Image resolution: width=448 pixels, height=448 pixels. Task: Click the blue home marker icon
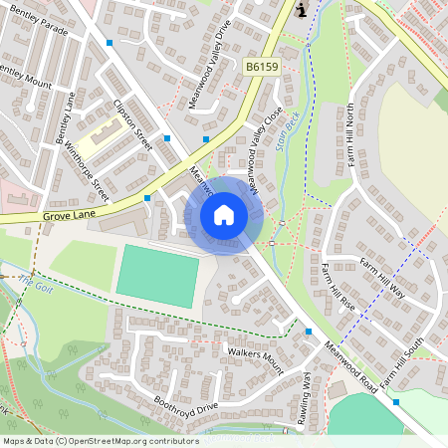(x=224, y=214)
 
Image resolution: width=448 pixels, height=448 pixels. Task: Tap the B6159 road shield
(x=262, y=66)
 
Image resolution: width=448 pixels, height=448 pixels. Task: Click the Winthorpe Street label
(x=87, y=166)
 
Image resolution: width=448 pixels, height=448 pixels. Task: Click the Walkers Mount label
(x=255, y=361)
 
